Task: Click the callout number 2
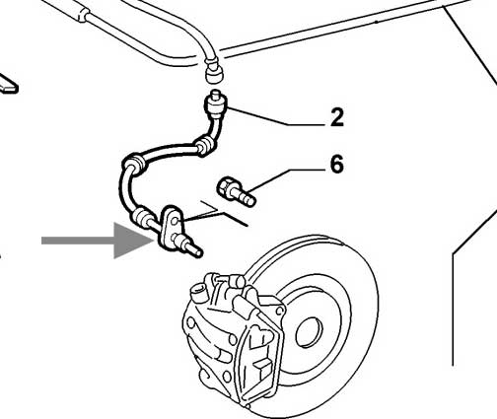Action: [337, 117]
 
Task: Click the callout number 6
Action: [337, 164]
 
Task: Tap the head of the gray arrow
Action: [133, 241]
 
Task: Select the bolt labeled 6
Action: [237, 191]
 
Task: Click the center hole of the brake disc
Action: [310, 332]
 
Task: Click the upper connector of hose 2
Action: [215, 105]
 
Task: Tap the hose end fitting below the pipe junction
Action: [214, 71]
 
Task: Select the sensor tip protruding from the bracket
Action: [190, 247]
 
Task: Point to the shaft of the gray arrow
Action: [78, 241]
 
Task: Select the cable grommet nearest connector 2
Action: [204, 146]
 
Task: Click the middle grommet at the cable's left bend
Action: [133, 165]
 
